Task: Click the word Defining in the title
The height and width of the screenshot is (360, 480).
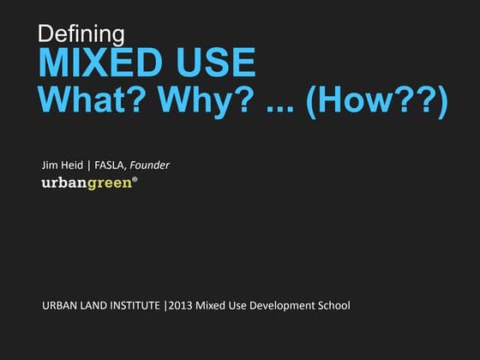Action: point(82,33)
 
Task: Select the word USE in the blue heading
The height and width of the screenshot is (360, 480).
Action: point(214,64)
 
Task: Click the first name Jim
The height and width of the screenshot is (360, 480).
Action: point(51,165)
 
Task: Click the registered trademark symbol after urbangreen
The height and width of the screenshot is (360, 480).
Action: point(133,180)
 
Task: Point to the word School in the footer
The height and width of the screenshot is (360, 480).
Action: point(333,306)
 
